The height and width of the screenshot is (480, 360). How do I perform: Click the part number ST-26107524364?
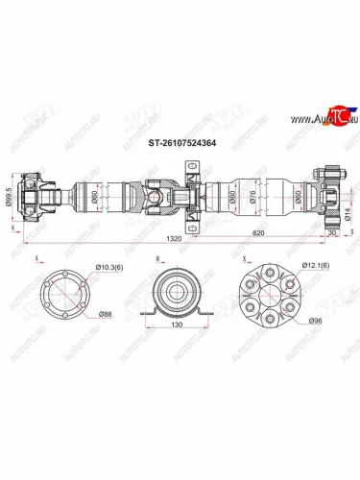(x=180, y=147)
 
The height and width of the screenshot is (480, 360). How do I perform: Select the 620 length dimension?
(x=258, y=232)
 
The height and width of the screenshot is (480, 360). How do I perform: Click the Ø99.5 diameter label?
(x=10, y=197)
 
